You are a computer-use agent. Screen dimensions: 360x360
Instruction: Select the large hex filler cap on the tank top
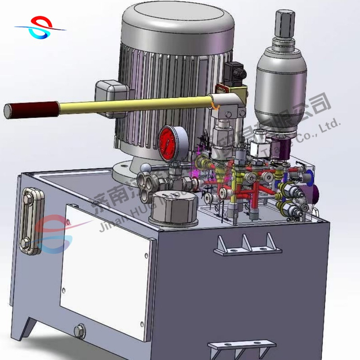pos(176,211)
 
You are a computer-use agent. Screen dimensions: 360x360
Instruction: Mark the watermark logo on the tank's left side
pos(53,233)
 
